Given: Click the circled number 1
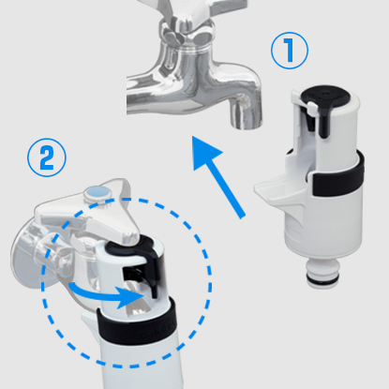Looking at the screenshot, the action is coord(290,51).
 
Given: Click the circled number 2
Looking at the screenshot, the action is coord(47,157).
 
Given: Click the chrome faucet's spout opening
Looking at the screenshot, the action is coord(247,124).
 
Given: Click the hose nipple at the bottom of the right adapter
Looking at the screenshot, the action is coord(322,270).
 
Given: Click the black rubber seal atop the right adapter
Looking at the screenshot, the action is coord(325,95).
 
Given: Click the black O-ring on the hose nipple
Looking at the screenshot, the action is coord(322,277).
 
